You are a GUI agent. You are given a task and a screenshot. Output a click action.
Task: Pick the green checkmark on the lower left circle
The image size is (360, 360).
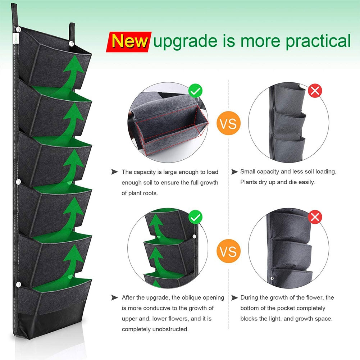(195, 217)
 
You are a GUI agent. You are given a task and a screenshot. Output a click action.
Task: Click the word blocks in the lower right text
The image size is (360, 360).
(250, 319)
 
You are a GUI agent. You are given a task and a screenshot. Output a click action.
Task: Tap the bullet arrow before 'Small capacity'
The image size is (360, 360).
(234, 172)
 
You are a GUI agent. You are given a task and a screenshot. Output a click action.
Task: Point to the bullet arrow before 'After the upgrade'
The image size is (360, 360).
(115, 297)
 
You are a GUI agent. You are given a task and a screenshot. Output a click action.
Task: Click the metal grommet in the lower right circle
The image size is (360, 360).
(272, 279)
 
